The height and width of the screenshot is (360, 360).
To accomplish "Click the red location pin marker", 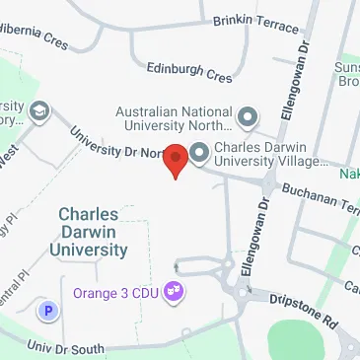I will (x=176, y=160).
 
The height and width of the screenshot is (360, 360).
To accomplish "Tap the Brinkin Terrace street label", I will (x=255, y=22).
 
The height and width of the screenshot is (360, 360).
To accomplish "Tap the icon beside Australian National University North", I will (x=247, y=119).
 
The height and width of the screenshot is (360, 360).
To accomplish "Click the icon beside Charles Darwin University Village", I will (x=197, y=152).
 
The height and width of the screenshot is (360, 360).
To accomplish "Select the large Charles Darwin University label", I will (x=94, y=231).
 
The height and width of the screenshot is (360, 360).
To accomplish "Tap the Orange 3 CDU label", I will (x=117, y=292).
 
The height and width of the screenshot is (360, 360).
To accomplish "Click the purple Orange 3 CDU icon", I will (x=175, y=291).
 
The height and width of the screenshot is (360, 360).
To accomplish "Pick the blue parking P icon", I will (x=46, y=311).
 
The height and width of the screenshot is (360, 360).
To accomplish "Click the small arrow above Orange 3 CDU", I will (x=176, y=264).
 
